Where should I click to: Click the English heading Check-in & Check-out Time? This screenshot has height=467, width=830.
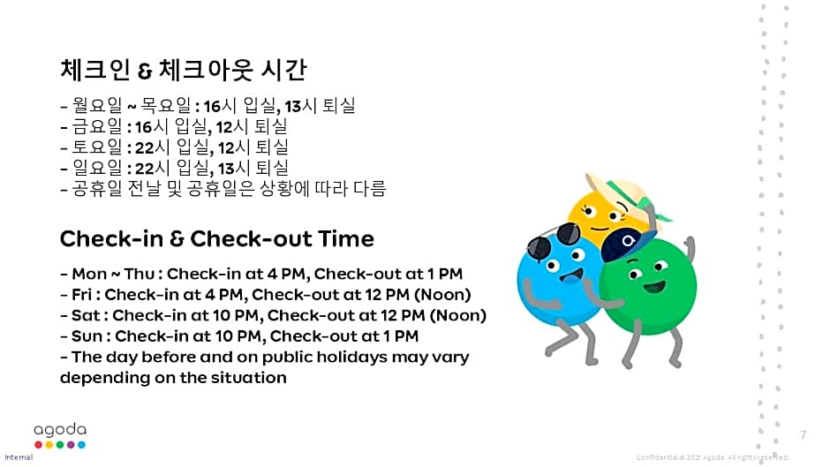[x=216, y=238]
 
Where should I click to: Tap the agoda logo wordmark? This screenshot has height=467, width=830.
[x=60, y=429]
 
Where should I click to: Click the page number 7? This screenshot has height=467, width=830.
[x=803, y=434]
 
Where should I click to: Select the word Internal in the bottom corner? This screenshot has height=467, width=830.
[x=19, y=457]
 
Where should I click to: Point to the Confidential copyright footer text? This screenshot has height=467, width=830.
[x=712, y=457]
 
